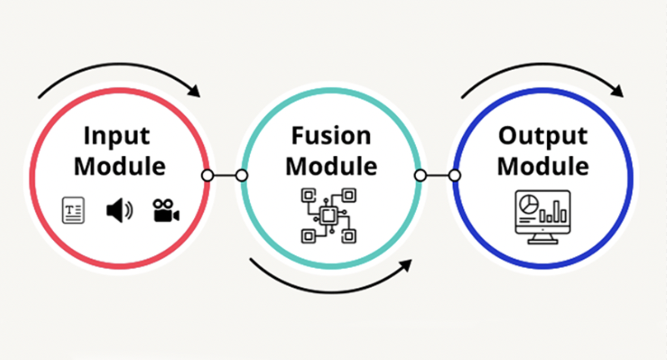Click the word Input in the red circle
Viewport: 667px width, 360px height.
tap(117, 137)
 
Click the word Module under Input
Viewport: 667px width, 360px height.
tap(120, 166)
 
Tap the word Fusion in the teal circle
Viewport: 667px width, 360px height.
tap(331, 136)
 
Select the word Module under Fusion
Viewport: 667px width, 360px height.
tap(331, 166)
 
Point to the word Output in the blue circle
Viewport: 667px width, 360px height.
tap(542, 137)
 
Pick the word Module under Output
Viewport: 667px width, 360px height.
tap(543, 166)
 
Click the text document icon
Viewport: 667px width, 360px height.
tap(73, 210)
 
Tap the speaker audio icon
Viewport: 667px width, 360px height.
tap(119, 211)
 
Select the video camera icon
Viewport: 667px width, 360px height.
tap(166, 210)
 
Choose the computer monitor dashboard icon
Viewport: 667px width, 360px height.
tap(543, 216)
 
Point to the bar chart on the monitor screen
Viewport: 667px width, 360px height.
tap(553, 213)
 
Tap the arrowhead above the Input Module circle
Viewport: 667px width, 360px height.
tap(194, 91)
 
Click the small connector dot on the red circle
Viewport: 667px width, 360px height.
tap(208, 175)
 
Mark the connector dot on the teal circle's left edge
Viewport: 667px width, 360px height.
tap(242, 175)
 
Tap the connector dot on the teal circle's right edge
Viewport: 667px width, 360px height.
tap(420, 175)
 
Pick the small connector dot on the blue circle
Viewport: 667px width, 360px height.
tap(454, 175)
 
